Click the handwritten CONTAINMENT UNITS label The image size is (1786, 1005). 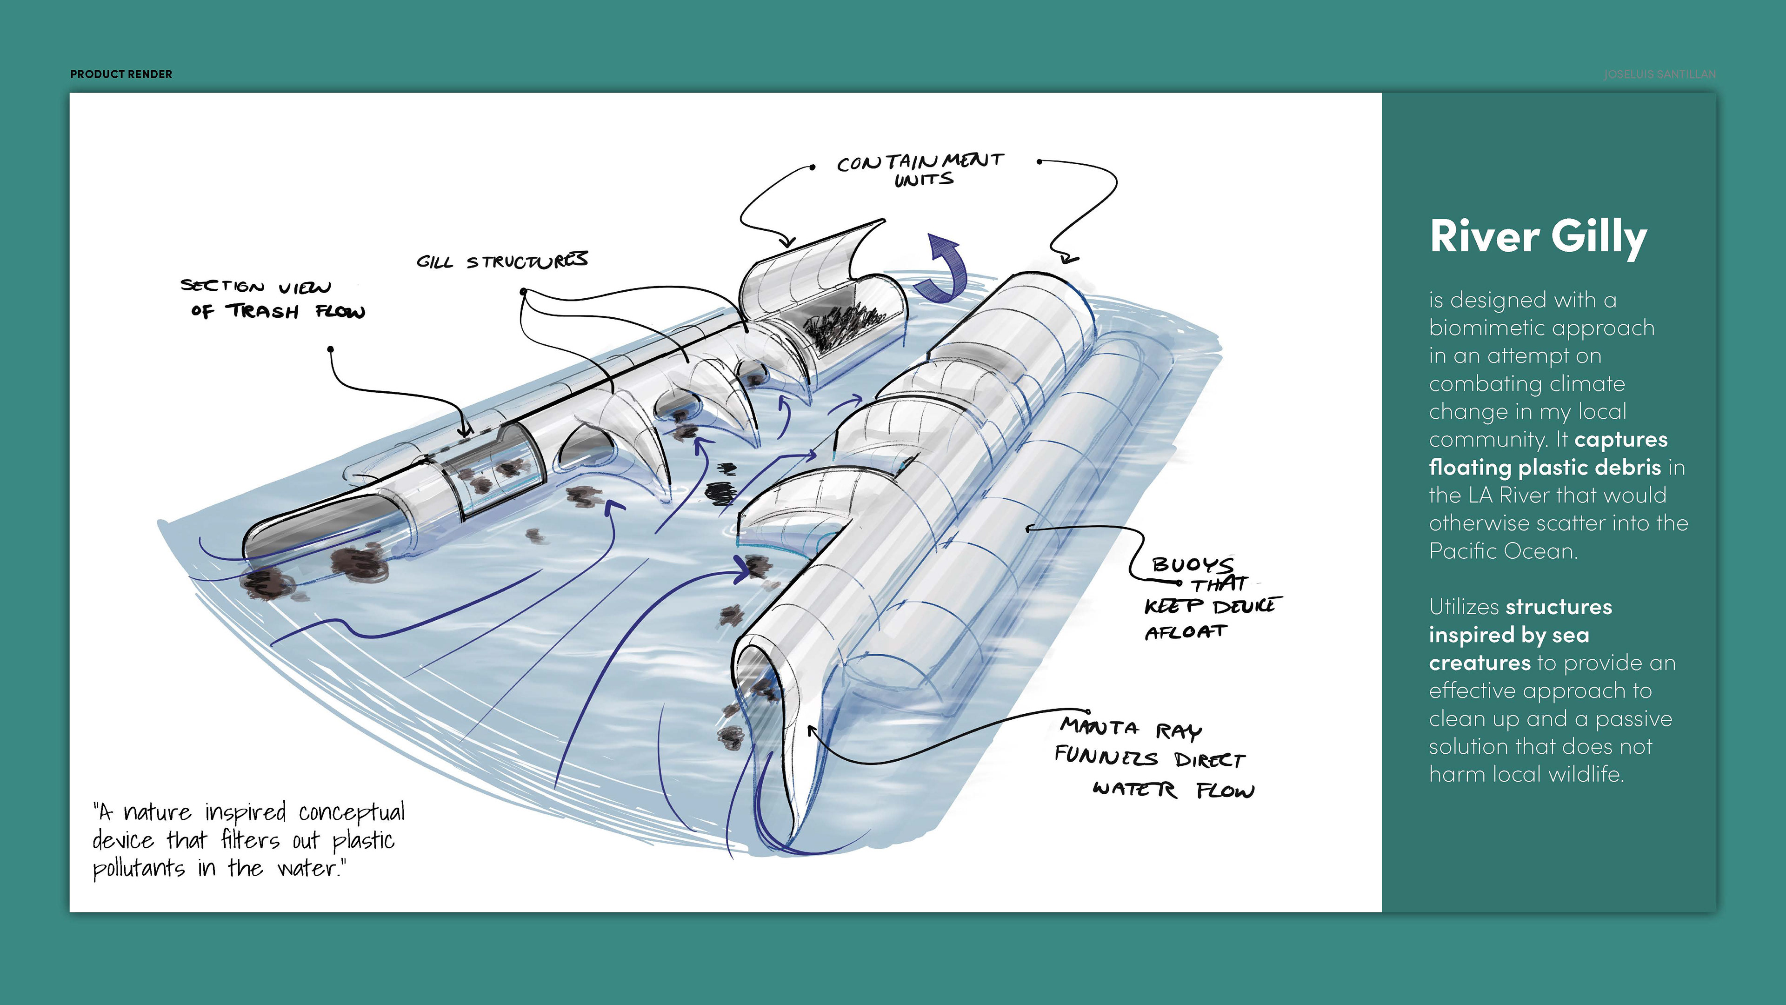[920, 169]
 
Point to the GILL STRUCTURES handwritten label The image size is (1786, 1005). [502, 260]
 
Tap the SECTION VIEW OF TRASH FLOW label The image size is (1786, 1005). [272, 299]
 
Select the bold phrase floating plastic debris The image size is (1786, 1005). [1545, 468]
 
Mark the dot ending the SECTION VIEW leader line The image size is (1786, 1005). [331, 349]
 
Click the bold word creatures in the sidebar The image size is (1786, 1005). [1479, 663]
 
